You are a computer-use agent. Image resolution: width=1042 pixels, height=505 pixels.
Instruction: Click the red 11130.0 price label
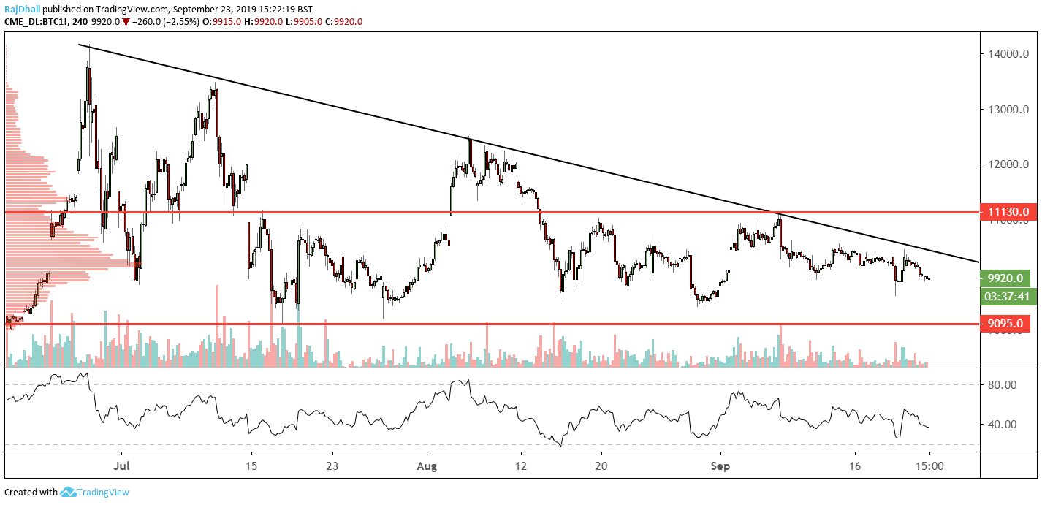tap(1008, 212)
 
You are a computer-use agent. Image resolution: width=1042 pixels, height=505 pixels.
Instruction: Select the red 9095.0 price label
tap(1008, 323)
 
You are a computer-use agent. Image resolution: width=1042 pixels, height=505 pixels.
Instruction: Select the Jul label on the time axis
tap(121, 465)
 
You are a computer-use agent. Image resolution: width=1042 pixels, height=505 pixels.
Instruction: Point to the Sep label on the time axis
tap(721, 465)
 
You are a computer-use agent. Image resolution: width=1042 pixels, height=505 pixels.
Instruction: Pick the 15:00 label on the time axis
tap(929, 465)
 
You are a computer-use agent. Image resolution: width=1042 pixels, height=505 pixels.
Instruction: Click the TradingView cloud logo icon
tap(69, 493)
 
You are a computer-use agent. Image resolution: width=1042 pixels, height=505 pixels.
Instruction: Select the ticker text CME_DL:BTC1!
tap(34, 22)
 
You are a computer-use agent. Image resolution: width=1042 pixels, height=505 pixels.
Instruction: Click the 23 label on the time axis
tap(332, 465)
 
